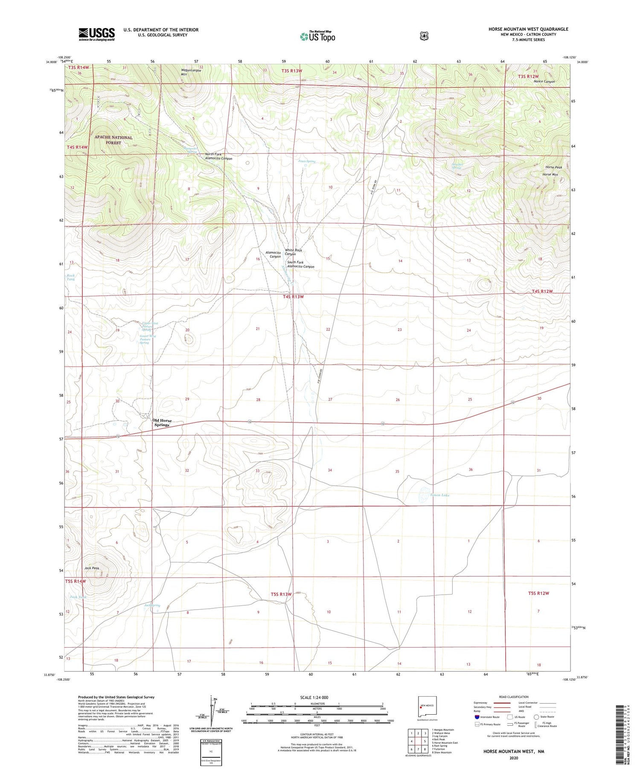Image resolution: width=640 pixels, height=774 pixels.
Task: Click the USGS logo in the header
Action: (x=96, y=34)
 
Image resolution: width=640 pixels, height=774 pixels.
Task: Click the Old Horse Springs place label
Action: (x=162, y=423)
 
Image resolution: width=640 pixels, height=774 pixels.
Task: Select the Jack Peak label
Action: (x=92, y=568)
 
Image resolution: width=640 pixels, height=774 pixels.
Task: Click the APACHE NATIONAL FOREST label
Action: (x=113, y=140)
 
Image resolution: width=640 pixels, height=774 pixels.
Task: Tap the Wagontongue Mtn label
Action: (x=191, y=72)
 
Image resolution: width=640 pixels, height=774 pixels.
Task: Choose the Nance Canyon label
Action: (x=544, y=81)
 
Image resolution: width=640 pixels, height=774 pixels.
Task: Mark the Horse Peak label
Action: (x=553, y=167)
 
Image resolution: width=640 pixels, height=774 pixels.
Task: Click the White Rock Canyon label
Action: (x=294, y=252)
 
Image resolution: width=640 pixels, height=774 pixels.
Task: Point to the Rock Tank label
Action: (x=71, y=277)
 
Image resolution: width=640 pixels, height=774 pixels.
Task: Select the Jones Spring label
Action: (x=306, y=161)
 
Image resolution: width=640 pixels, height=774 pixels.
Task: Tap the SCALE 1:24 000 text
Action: (x=314, y=698)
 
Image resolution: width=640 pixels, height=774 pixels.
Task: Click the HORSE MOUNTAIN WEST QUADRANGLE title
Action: (x=528, y=29)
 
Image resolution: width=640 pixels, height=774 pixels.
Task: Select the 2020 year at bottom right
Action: (x=513, y=758)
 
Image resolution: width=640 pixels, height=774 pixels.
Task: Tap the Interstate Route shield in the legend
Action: (x=477, y=717)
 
